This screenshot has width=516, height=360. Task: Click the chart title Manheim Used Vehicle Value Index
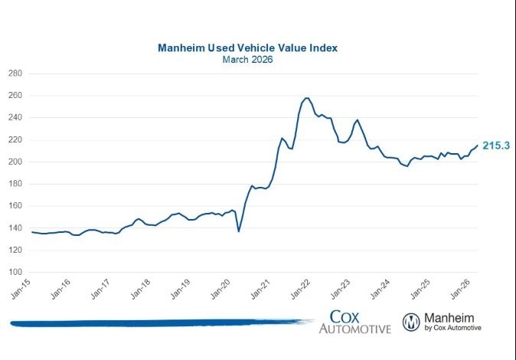coord(247,47)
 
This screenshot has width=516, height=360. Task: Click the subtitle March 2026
coord(247,59)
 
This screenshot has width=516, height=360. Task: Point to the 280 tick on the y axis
coord(15,74)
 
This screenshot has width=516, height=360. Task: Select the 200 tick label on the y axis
coord(15,162)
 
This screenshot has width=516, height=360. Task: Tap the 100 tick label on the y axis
coord(15,272)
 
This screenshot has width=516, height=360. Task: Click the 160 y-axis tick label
coord(15,206)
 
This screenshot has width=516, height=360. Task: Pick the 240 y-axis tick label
coord(15,118)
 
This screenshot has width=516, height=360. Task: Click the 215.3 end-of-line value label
coord(495,145)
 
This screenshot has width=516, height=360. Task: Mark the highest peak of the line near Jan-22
coord(307,98)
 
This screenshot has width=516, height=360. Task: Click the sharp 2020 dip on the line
coord(239,231)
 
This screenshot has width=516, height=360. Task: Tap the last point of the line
coord(478,146)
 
